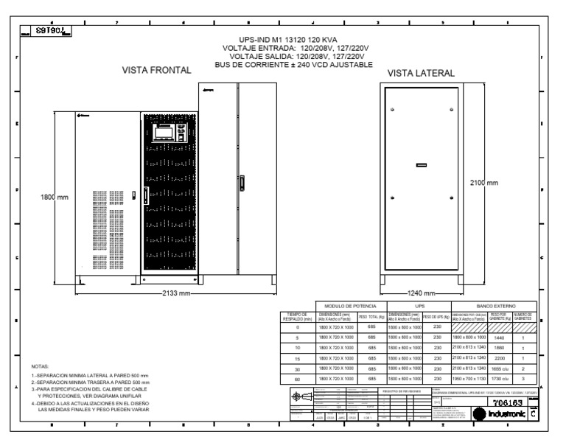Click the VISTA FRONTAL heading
point(156,71)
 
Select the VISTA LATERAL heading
point(421,74)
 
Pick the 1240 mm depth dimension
point(422,293)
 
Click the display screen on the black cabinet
point(161,134)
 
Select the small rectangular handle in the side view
point(421,165)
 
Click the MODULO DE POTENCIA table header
point(346,305)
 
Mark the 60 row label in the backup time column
point(296,377)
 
